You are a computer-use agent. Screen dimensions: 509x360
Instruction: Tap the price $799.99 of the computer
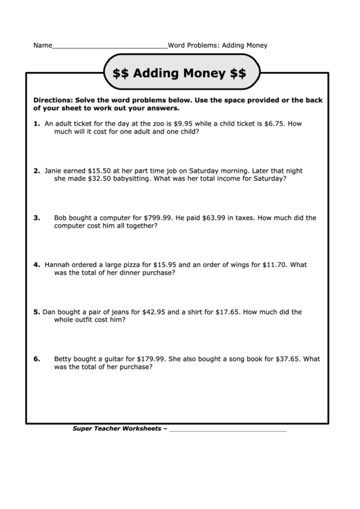point(156,218)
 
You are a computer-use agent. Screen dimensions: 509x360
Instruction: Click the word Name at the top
point(42,46)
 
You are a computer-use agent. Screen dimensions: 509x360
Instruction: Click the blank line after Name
point(109,46)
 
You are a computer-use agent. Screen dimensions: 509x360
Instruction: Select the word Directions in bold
point(54,100)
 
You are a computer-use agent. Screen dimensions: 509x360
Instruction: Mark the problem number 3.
point(37,218)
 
